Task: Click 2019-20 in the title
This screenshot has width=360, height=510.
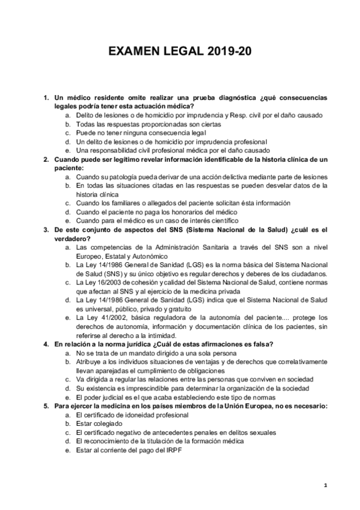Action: (x=229, y=52)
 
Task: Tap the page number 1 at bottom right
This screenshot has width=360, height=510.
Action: (x=325, y=485)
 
